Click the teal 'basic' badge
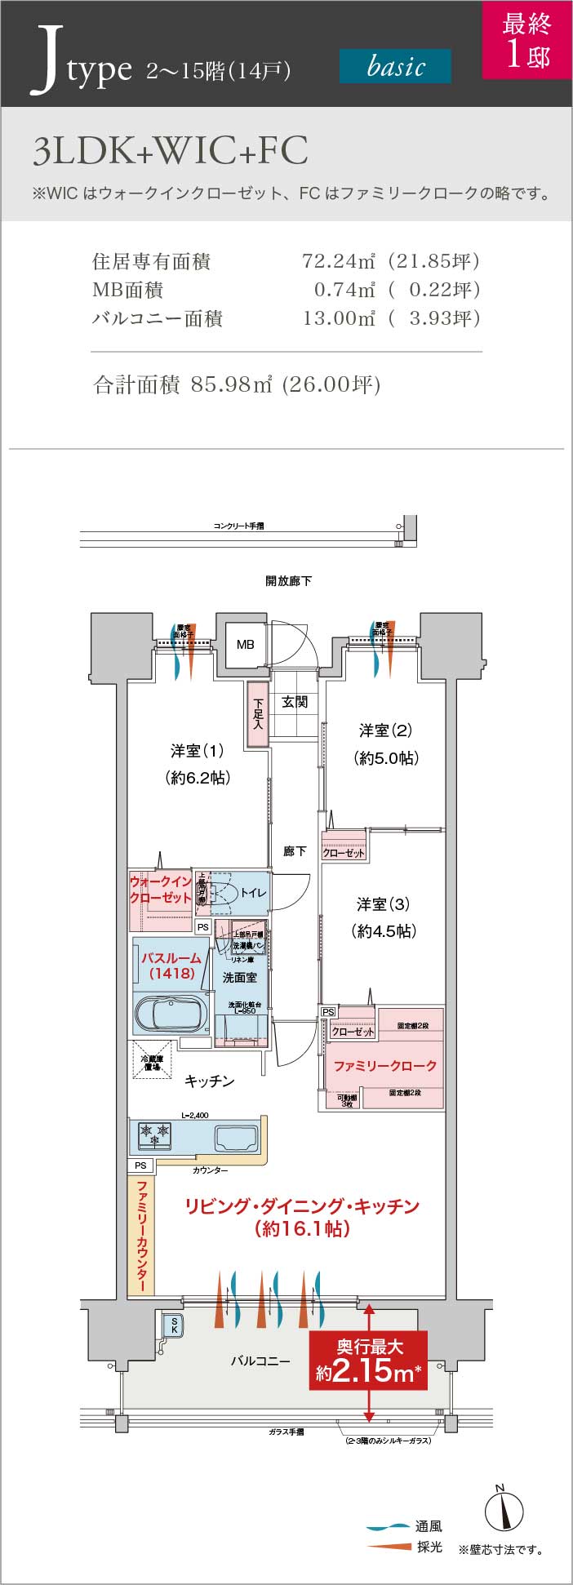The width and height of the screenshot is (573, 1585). point(395,66)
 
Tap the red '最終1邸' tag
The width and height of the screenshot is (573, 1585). point(526,40)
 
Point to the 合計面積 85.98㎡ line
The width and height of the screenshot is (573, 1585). point(238,384)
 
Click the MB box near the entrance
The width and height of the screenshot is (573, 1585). point(245,644)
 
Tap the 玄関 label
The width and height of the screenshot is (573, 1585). point(295,701)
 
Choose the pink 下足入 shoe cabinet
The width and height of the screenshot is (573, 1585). point(258,713)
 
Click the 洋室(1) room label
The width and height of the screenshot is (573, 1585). point(197,750)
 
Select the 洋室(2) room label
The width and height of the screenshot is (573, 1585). point(385,730)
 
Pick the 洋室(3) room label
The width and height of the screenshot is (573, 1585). point(383,903)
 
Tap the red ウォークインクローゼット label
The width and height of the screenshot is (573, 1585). point(160,890)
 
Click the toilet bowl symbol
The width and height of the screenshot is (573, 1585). point(224,894)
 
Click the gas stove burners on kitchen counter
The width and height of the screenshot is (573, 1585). point(155,1134)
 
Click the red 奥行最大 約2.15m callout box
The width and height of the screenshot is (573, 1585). point(369,1362)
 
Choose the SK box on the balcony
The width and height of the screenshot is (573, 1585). point(173,1325)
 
